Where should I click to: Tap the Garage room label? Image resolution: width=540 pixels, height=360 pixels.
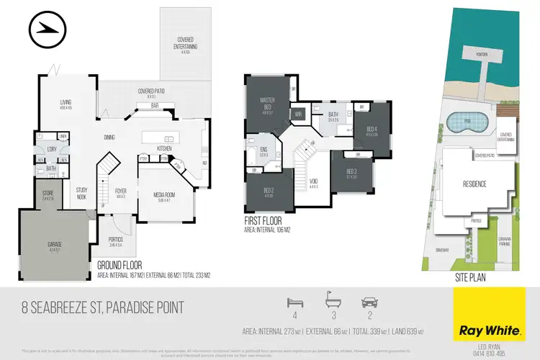[x=54, y=244]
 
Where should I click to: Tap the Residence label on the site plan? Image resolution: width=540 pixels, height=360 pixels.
[x=474, y=184]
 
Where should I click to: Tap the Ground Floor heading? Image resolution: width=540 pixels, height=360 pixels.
[x=123, y=266]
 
